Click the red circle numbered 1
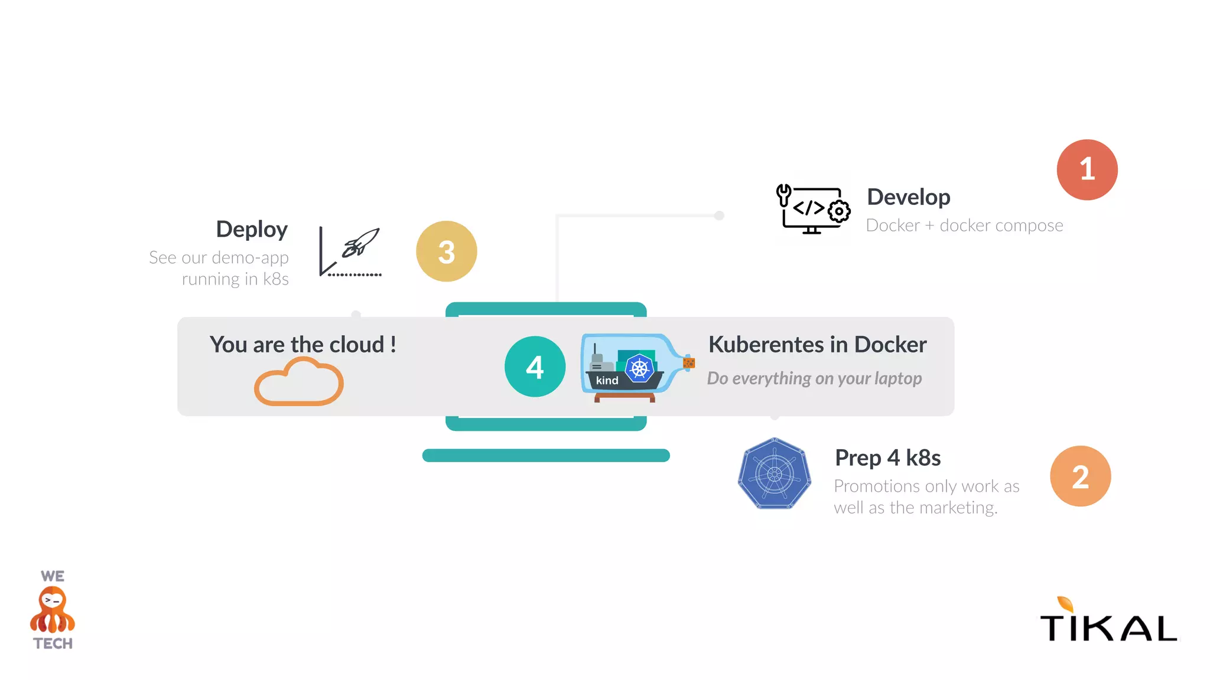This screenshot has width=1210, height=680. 1087,170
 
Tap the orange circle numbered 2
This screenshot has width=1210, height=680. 1080,476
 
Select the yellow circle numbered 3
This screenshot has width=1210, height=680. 446,251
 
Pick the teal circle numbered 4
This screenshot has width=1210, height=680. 535,367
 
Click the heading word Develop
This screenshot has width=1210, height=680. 908,197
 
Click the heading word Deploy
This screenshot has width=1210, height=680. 252,229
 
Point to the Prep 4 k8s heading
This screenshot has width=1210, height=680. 887,457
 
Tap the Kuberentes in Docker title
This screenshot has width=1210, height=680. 817,345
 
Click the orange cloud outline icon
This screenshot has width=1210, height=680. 299,383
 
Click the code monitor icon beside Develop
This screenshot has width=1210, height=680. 813,210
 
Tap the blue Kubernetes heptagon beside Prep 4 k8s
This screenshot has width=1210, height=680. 774,473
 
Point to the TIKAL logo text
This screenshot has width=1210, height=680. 1108,627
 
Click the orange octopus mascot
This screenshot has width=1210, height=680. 53,610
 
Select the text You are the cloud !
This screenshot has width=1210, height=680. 302,345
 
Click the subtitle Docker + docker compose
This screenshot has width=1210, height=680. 964,225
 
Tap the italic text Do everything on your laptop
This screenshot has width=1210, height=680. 814,378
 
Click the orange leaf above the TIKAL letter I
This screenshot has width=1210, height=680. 1065,604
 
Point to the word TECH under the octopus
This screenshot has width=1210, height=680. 53,643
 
